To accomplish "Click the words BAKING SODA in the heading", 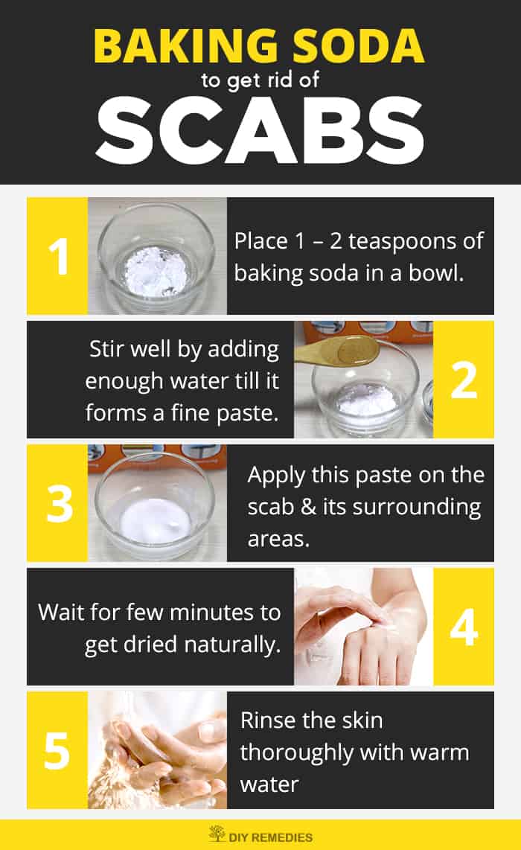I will [260, 45].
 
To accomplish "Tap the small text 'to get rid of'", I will [260, 80].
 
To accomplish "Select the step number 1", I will [57, 256].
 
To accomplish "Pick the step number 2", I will [463, 380].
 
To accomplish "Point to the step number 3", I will [57, 503].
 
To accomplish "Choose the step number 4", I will [463, 627].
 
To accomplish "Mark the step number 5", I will [57, 750].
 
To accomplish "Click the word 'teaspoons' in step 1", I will [396, 241].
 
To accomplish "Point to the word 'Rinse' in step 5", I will [269, 720].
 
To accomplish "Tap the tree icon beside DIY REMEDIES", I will [217, 834].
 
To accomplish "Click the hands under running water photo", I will [157, 750].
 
